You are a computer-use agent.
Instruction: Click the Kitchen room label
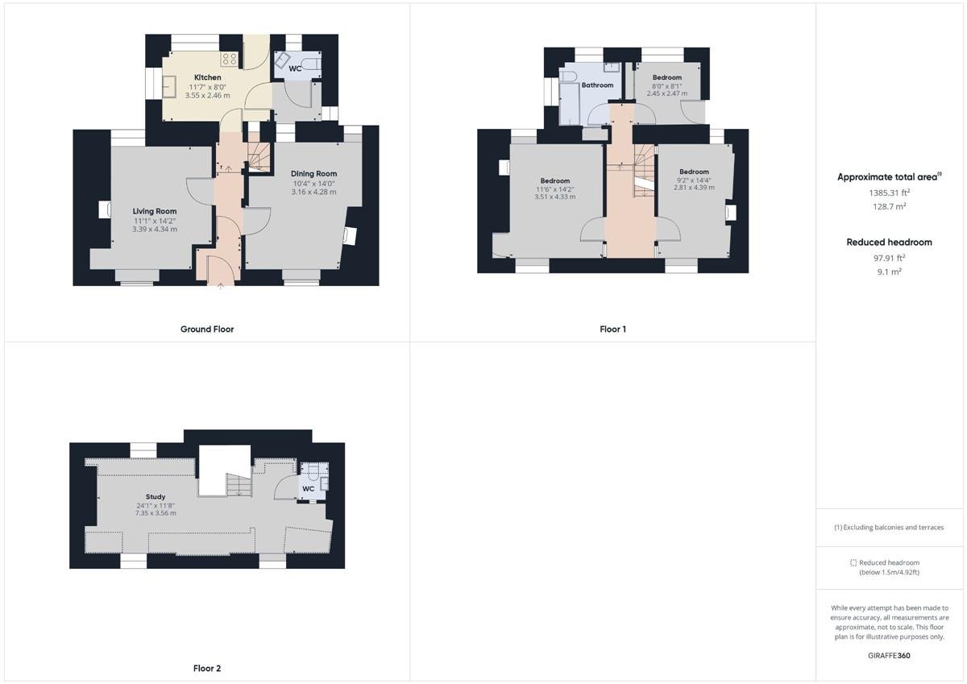tap(207, 77)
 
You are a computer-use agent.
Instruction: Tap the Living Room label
tap(155, 211)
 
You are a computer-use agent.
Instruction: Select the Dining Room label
tap(313, 173)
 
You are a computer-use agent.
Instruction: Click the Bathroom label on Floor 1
tap(597, 85)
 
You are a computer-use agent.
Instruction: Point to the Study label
tap(156, 497)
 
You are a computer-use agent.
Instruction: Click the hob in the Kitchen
tap(229, 59)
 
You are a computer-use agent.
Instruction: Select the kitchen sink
tap(169, 87)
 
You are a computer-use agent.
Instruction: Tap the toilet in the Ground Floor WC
tap(311, 64)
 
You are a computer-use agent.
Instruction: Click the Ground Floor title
tap(207, 329)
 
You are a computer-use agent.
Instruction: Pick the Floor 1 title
tap(612, 330)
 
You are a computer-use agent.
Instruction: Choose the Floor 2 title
tap(207, 669)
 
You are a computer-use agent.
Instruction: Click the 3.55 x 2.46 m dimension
tap(207, 95)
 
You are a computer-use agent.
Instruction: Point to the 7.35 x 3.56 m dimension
tap(156, 513)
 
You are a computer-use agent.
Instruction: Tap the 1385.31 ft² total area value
tap(890, 193)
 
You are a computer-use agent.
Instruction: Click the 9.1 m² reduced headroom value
tap(890, 272)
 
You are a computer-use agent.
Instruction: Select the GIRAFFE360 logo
tap(890, 656)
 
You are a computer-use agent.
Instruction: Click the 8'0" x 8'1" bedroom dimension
tap(667, 86)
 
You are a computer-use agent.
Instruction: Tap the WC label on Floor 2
tap(308, 488)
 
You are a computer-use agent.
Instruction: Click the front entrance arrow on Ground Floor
tap(220, 285)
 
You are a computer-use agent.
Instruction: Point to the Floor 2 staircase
tap(239, 485)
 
